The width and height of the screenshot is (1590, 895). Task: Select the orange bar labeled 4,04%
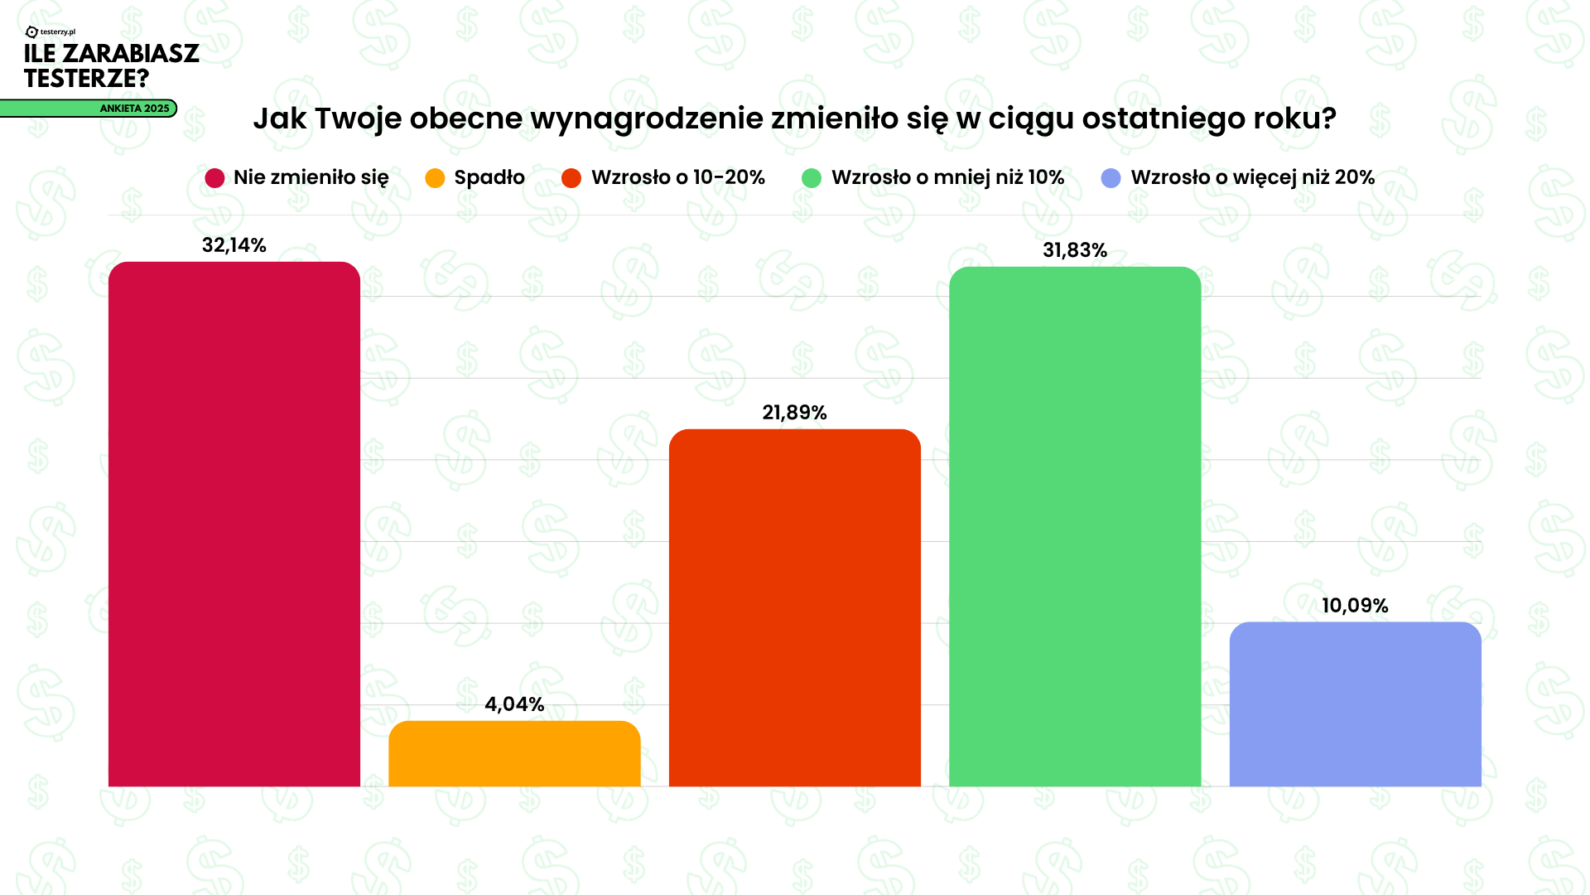point(514,754)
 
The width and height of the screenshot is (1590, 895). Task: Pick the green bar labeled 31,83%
point(1074,526)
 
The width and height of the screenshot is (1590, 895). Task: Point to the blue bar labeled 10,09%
point(1355,704)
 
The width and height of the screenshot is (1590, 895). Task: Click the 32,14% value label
point(234,245)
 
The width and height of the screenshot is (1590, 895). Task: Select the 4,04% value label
point(514,704)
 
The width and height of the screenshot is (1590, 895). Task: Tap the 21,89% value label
point(794,413)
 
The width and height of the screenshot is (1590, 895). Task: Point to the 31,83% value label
point(1074,250)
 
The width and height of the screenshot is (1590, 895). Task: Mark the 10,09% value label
point(1355,606)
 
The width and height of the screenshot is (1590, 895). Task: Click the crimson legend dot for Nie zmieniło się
point(214,178)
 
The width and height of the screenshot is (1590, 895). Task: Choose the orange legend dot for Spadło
point(435,178)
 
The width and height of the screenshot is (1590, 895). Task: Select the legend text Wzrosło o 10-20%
point(677,177)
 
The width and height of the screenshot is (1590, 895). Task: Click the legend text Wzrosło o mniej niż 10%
point(947,177)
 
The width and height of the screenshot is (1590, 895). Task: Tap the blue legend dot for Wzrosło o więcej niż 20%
point(1111,178)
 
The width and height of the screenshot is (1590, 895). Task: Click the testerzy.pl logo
point(51,31)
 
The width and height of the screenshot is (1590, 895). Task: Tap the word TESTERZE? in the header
point(86,79)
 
